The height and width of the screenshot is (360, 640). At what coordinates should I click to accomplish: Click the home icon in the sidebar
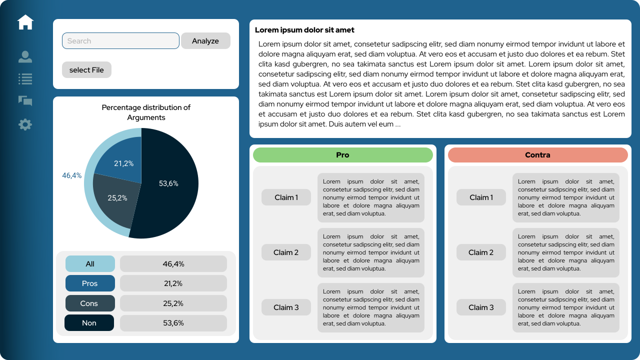tap(25, 22)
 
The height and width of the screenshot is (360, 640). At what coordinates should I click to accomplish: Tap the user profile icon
tap(25, 57)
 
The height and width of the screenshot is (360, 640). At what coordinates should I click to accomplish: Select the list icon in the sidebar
tap(25, 78)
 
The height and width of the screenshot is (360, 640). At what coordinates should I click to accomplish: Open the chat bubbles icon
tap(25, 101)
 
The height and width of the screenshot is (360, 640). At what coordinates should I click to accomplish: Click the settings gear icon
tap(25, 124)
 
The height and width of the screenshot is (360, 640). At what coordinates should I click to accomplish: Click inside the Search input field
tap(120, 41)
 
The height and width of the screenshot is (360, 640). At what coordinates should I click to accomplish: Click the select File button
tap(86, 70)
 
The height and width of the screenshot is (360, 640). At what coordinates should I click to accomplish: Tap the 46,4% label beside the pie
tap(71, 175)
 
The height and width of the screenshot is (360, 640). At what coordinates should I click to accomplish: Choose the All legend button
tap(90, 264)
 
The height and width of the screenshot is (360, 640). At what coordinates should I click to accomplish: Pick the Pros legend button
tap(90, 283)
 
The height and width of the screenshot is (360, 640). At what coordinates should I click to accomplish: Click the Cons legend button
tap(90, 303)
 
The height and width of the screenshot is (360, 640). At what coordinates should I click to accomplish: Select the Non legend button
tap(89, 323)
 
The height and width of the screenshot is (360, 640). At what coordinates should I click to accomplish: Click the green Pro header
tap(342, 155)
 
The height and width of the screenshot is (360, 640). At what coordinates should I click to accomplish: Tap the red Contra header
tap(537, 155)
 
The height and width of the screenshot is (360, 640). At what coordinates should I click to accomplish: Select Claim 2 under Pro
tap(286, 252)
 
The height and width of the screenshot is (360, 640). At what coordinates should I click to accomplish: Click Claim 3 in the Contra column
tap(481, 307)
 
